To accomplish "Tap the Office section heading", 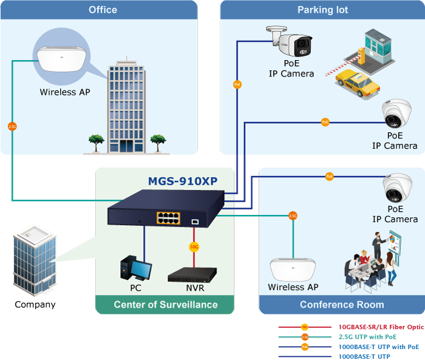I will click(x=103, y=10).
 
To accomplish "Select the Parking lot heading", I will click(x=322, y=10).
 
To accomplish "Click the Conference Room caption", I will click(x=342, y=305).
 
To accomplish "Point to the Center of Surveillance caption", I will click(x=165, y=305).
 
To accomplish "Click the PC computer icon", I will click(x=135, y=268).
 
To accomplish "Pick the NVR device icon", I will click(x=192, y=275).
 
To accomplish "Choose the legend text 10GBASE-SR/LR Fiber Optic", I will click(x=376, y=327).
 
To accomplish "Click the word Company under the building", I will click(x=35, y=305).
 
